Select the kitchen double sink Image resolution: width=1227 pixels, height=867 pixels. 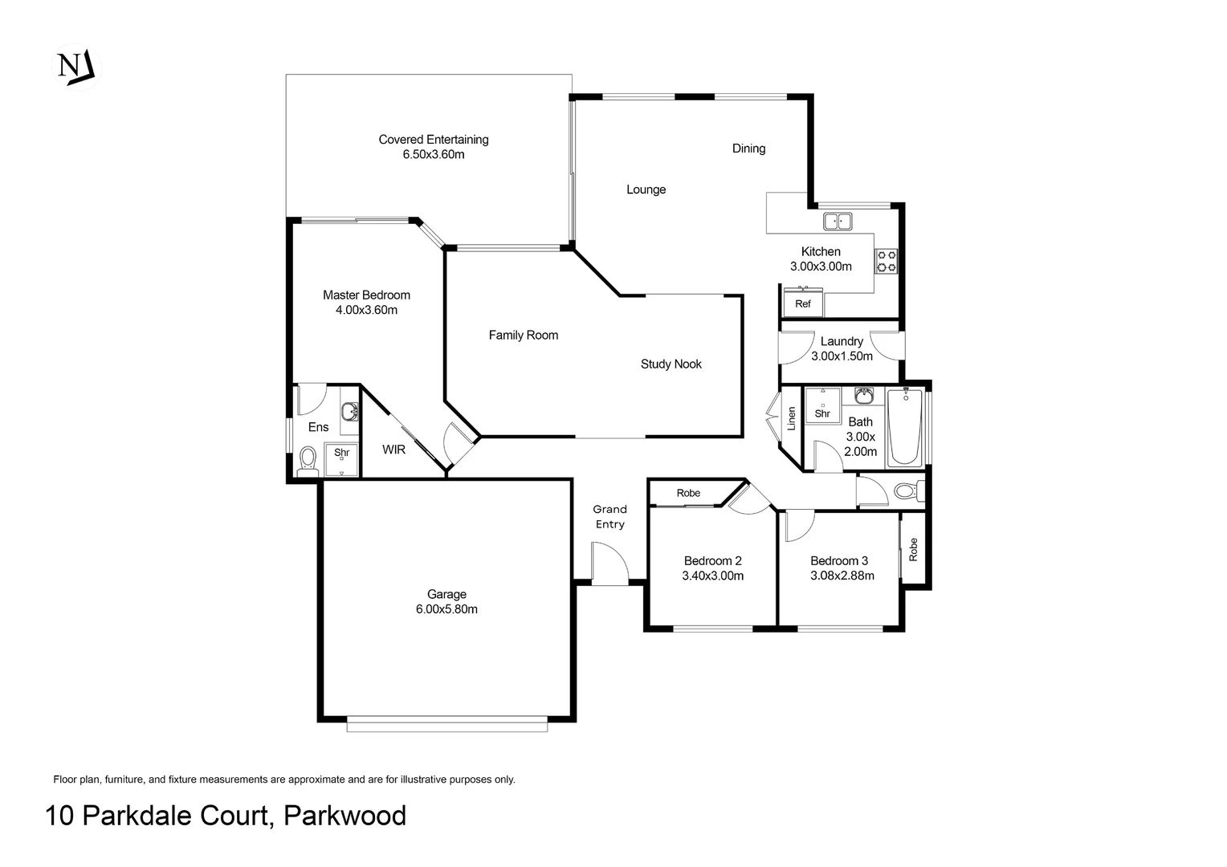click(x=838, y=222)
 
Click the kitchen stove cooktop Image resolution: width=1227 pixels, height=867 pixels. click(x=887, y=261)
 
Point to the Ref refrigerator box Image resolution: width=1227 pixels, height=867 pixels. click(x=803, y=303)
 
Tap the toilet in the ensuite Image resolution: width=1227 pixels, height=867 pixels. click(x=308, y=461)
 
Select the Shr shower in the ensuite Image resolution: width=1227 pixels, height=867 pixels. click(x=342, y=459)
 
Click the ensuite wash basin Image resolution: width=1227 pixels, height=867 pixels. click(x=349, y=411)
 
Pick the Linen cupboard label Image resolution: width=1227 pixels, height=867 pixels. click(x=791, y=418)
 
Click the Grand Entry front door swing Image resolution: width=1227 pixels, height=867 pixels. click(x=609, y=561)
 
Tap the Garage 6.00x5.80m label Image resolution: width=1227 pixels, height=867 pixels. click(x=446, y=601)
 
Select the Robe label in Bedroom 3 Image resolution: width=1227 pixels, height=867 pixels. click(x=912, y=549)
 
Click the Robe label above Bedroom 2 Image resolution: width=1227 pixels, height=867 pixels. click(x=688, y=493)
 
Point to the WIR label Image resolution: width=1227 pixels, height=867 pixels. click(x=393, y=450)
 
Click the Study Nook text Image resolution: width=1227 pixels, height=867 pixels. click(x=671, y=364)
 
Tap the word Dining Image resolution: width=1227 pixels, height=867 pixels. click(x=748, y=149)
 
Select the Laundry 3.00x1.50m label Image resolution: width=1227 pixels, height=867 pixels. click(x=842, y=348)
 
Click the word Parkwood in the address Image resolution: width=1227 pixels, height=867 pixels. click(x=344, y=816)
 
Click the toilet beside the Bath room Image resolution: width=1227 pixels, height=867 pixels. click(x=909, y=490)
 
